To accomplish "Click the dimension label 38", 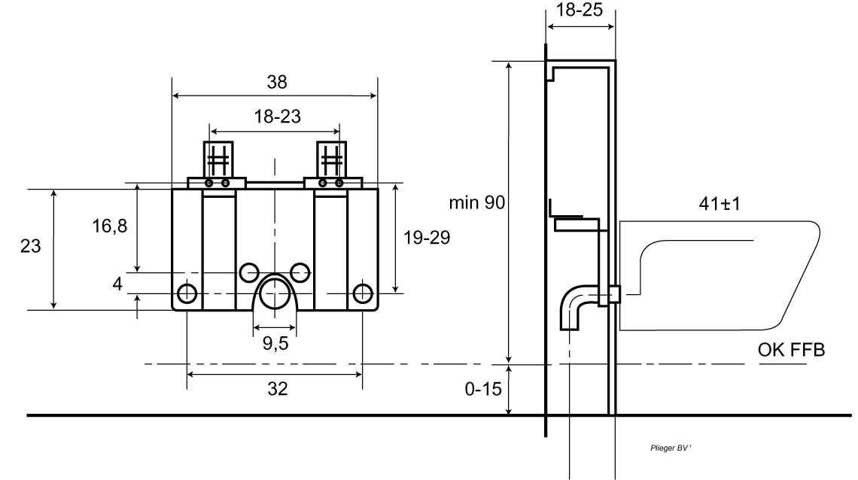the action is coord(277,82).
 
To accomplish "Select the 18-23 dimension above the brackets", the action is coord(278,117).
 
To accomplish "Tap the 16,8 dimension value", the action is coord(109,226).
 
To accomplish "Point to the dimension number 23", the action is coord(31,246).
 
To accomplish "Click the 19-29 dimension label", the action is coord(427,238).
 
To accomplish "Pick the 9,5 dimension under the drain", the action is coord(275,343).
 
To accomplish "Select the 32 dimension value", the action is coord(278,389).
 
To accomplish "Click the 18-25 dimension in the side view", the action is coord(580,10).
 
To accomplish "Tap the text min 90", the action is coord(477,203).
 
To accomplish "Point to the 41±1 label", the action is coord(720,204).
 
